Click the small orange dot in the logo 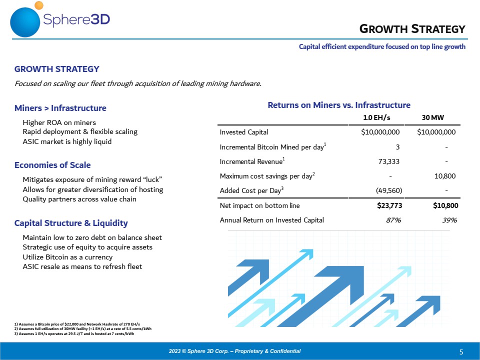pyautogui.click(x=39, y=5)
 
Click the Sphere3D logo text pyautogui.click(x=76, y=20)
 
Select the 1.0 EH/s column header pyautogui.click(x=376, y=117)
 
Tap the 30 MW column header pyautogui.click(x=433, y=117)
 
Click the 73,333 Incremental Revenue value pyautogui.click(x=389, y=161)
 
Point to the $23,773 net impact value pyautogui.click(x=389, y=205)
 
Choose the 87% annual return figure pyautogui.click(x=393, y=220)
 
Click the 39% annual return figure pyautogui.click(x=449, y=220)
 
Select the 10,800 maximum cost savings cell pyautogui.click(x=445, y=176)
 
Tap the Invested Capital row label pyautogui.click(x=243, y=132)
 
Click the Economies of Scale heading pyautogui.click(x=52, y=165)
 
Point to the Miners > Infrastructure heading pyautogui.click(x=60, y=108)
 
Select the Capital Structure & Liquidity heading pyautogui.click(x=71, y=223)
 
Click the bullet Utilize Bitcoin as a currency pyautogui.click(x=67, y=257)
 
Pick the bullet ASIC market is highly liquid pyautogui.click(x=67, y=141)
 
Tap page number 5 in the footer pyautogui.click(x=461, y=352)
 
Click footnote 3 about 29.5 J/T pyautogui.click(x=74, y=333)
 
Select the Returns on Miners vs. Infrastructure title pyautogui.click(x=339, y=105)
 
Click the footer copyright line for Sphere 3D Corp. pyautogui.click(x=235, y=351)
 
